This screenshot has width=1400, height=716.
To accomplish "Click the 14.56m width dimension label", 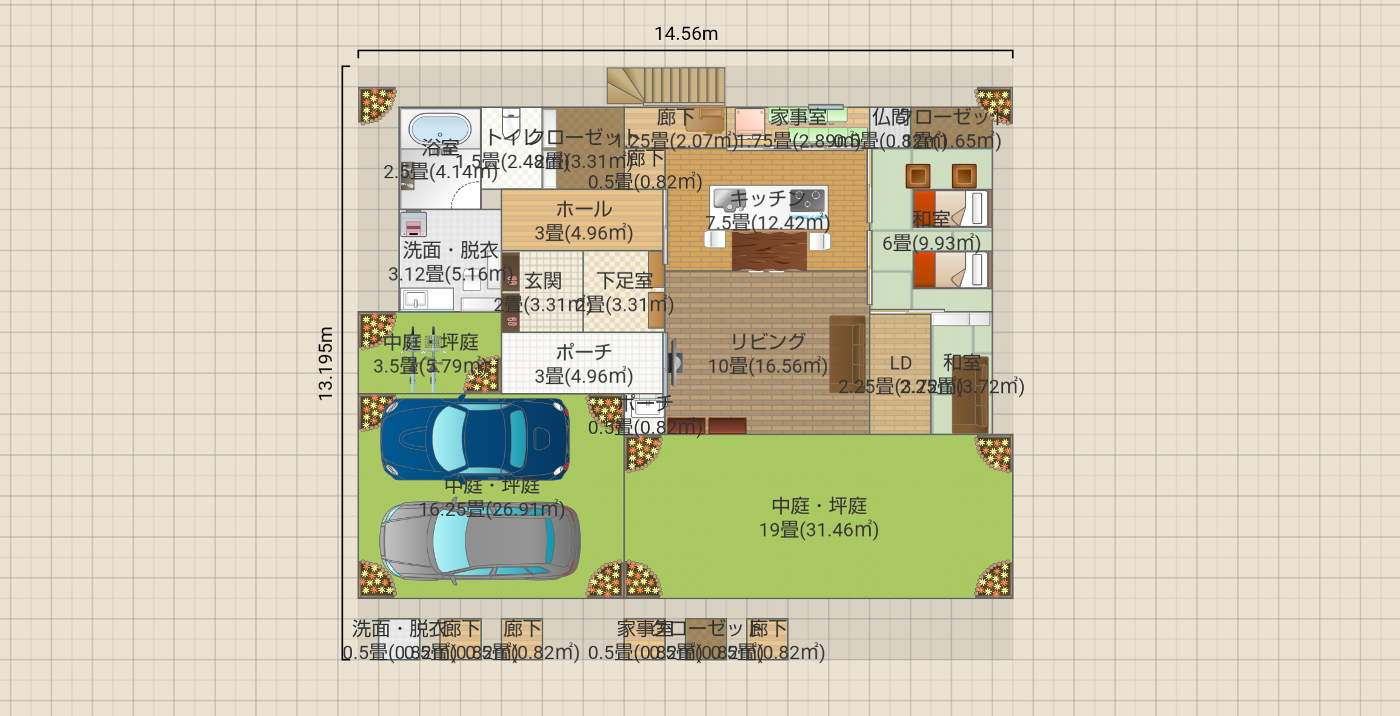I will (x=685, y=34).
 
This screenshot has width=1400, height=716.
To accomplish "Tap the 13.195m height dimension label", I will (x=325, y=364).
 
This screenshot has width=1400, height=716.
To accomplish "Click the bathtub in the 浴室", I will (x=440, y=129).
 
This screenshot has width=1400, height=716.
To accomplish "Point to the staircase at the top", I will (x=666, y=85).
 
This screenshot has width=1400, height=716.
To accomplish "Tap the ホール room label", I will (x=584, y=209).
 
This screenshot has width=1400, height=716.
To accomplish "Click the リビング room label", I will (x=767, y=342).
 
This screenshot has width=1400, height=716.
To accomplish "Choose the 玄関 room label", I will (x=542, y=281).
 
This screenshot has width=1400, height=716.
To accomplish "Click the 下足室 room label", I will (x=624, y=281).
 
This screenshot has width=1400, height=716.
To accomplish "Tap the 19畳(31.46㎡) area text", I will (x=818, y=530).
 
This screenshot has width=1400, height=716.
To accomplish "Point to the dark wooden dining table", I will (x=769, y=250).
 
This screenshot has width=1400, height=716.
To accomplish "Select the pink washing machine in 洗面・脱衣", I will (x=413, y=225).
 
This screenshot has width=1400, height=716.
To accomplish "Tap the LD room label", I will (x=901, y=363).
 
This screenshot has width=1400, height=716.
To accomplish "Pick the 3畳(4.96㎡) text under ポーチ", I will (x=583, y=376).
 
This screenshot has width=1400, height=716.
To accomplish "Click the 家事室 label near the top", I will (x=798, y=116).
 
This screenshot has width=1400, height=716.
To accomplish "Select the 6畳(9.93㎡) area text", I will (x=931, y=244).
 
